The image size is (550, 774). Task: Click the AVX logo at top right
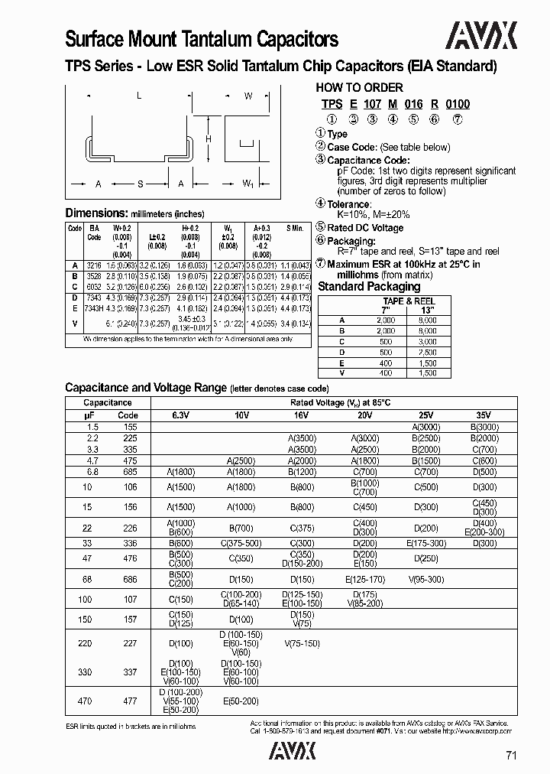point(493,34)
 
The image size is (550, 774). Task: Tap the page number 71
point(512,756)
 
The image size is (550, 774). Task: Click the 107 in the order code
point(370,104)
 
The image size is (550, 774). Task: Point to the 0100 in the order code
point(458,104)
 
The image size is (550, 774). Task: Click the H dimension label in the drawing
point(208,138)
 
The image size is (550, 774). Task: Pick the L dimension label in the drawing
point(139,96)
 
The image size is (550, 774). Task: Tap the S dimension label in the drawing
point(140,184)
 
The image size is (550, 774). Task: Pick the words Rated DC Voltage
point(366,228)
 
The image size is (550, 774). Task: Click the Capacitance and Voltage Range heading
point(147,388)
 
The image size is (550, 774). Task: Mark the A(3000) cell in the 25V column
point(424,426)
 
